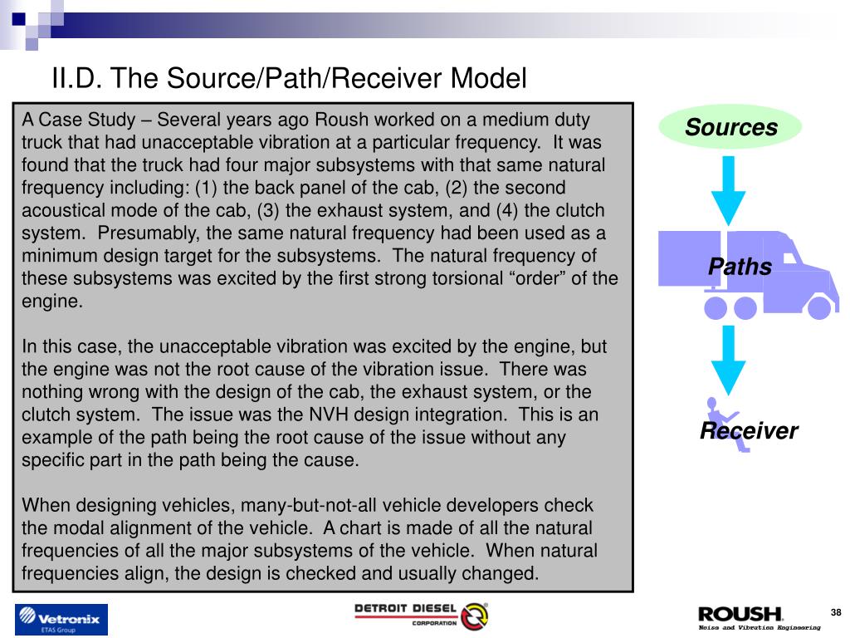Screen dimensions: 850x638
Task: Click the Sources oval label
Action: (x=730, y=128)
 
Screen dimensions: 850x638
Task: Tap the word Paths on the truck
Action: (x=740, y=267)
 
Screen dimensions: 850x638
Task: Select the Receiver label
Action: (x=748, y=431)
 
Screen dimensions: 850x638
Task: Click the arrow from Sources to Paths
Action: (x=730, y=190)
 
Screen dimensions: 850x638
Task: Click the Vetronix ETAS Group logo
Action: (x=61, y=620)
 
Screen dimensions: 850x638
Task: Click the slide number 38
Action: (x=836, y=613)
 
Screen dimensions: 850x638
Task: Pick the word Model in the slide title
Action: (x=489, y=79)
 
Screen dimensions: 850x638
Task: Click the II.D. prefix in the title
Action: (x=77, y=79)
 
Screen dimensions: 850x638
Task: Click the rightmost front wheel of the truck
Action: (x=818, y=308)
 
